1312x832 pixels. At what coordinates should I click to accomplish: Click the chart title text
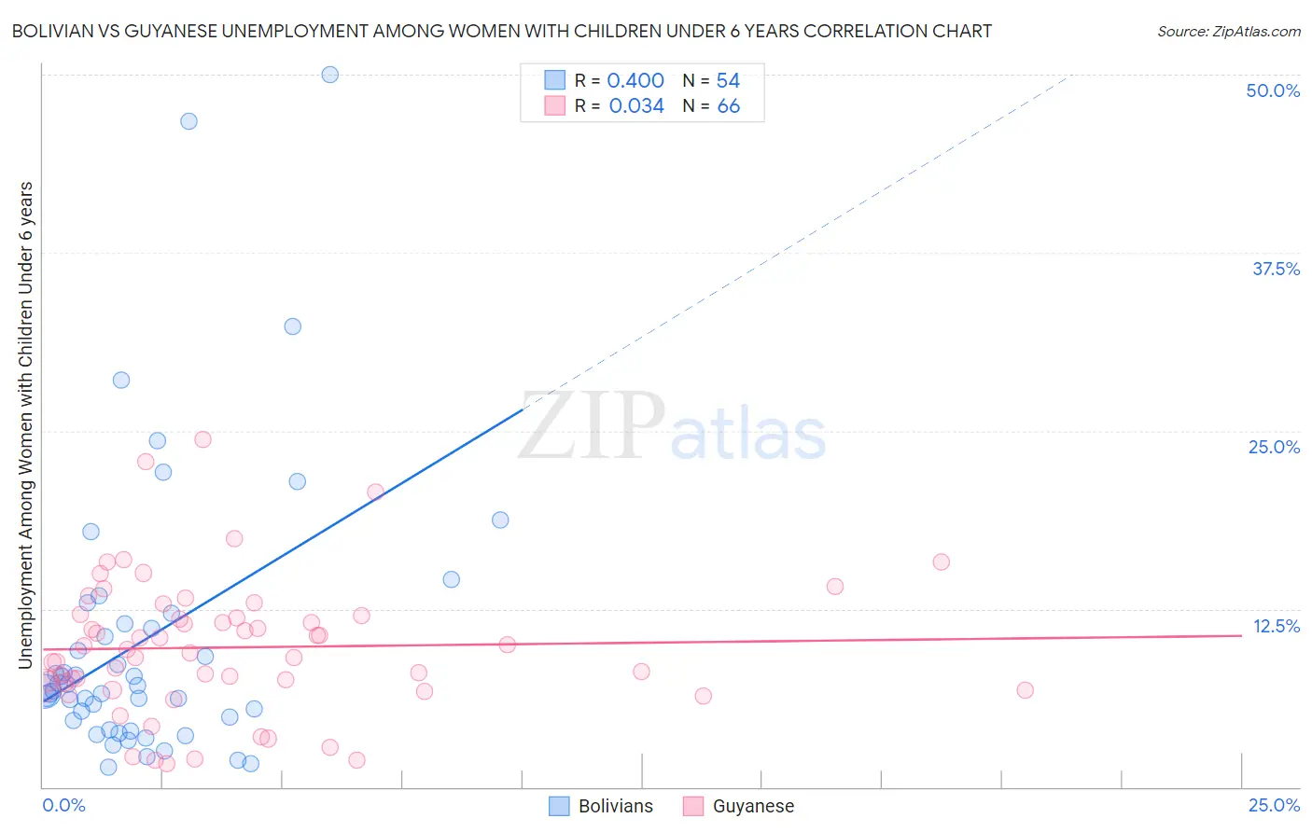501,31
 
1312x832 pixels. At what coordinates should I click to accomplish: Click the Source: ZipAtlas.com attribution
1228,31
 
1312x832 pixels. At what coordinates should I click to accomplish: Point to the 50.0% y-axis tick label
1273,90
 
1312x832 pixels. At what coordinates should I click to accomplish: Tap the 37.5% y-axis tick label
1276,269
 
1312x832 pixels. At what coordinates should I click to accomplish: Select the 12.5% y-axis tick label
1276,626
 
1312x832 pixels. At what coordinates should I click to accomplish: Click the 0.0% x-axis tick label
63,805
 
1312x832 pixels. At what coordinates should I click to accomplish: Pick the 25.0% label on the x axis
1274,805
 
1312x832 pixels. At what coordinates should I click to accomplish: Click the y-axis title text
25,425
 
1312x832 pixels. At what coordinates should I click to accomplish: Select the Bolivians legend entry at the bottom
601,806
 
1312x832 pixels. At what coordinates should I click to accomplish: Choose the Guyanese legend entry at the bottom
738,806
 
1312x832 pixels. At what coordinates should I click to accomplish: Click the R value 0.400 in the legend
635,81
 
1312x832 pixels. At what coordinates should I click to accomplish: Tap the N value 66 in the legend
728,106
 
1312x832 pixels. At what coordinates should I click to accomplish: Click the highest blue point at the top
329,75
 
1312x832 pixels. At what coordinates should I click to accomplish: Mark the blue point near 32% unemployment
292,326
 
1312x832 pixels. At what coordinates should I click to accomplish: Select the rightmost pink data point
1025,690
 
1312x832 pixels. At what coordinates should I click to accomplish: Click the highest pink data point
202,439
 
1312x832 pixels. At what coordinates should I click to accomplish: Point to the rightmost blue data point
500,520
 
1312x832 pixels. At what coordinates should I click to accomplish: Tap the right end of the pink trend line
1241,635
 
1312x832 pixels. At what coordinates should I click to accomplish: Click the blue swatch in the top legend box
555,81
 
